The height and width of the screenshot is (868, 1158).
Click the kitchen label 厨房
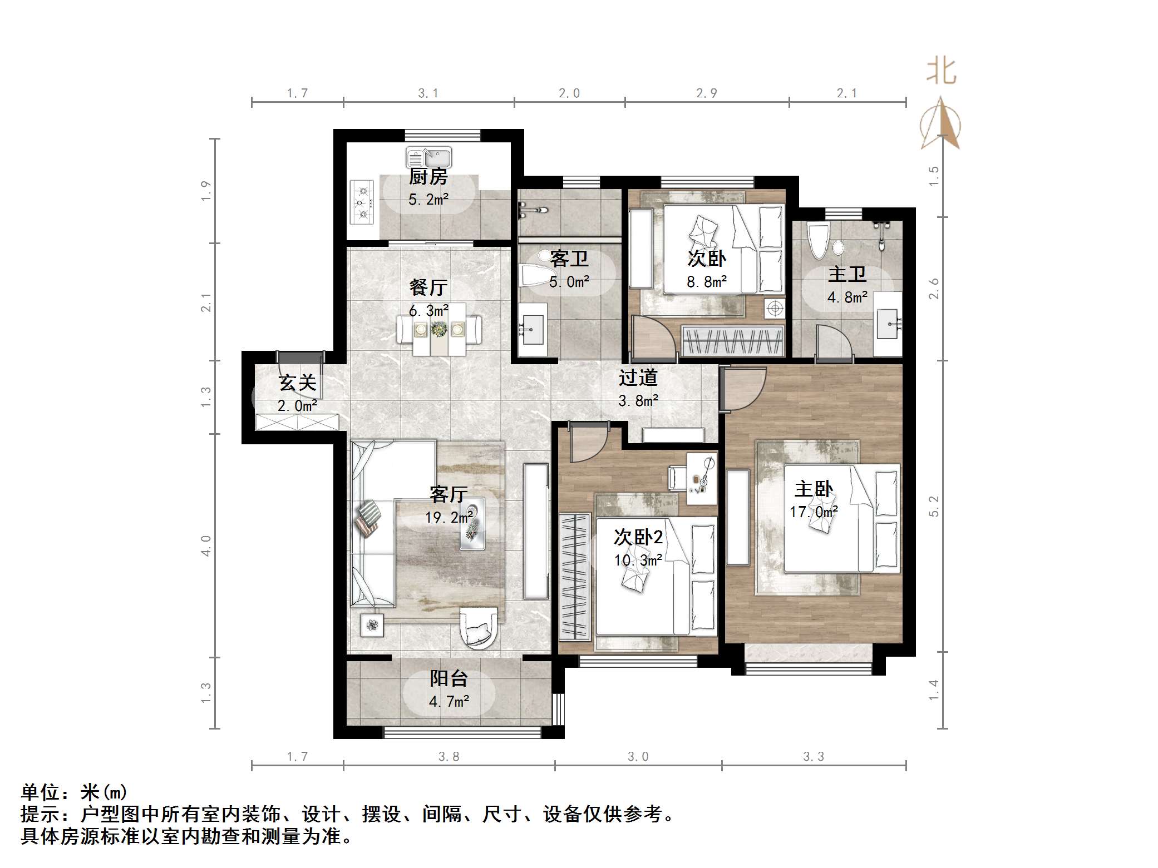(428, 177)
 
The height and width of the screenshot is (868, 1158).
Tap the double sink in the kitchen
(428, 157)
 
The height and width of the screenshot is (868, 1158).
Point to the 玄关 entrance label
(298, 383)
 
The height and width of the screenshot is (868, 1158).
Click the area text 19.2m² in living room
(449, 518)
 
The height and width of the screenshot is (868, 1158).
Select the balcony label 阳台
(449, 678)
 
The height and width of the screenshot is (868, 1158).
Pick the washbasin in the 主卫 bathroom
(888, 324)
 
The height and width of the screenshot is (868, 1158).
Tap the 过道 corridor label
(638, 378)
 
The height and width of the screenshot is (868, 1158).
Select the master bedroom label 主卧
(814, 489)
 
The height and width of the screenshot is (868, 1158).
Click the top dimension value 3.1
(428, 93)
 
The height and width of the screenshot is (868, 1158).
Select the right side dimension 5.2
(934, 505)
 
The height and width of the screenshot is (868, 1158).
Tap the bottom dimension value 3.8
(449, 756)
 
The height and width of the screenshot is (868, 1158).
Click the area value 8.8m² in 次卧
(707, 282)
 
